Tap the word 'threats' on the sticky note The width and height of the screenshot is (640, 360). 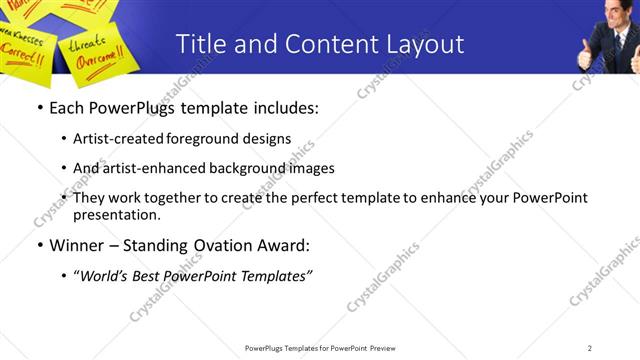[x=88, y=43]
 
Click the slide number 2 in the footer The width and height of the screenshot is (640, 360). [x=589, y=348]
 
